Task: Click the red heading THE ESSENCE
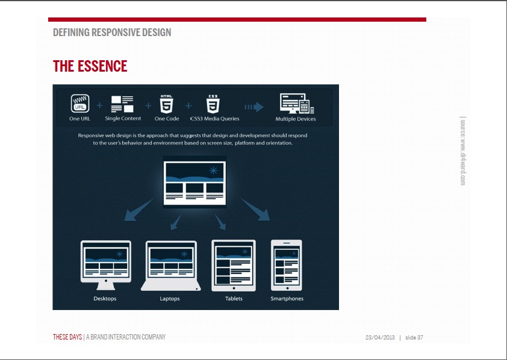pyautogui.click(x=90, y=66)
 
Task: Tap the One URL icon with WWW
pyautogui.click(x=80, y=104)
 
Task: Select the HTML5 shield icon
pyautogui.click(x=167, y=104)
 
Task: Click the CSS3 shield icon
pyautogui.click(x=213, y=104)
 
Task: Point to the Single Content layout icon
pyautogui.click(x=122, y=104)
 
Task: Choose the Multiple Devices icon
pyautogui.click(x=297, y=104)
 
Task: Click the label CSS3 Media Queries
pyautogui.click(x=215, y=119)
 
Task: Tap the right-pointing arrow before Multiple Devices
pyautogui.click(x=254, y=107)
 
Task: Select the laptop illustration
pyautogui.click(x=171, y=265)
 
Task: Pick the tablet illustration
pyautogui.click(x=234, y=265)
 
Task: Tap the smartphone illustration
pyautogui.click(x=287, y=265)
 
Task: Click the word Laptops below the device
pyautogui.click(x=170, y=299)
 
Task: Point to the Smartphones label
pyautogui.click(x=287, y=299)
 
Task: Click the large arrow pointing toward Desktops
pyautogui.click(x=138, y=209)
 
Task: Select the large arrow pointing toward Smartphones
pyautogui.click(x=255, y=209)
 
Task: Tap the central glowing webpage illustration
pyautogui.click(x=194, y=183)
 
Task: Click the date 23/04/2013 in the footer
pyautogui.click(x=380, y=337)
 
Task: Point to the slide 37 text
pyautogui.click(x=414, y=337)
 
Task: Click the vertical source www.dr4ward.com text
pyautogui.click(x=462, y=151)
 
